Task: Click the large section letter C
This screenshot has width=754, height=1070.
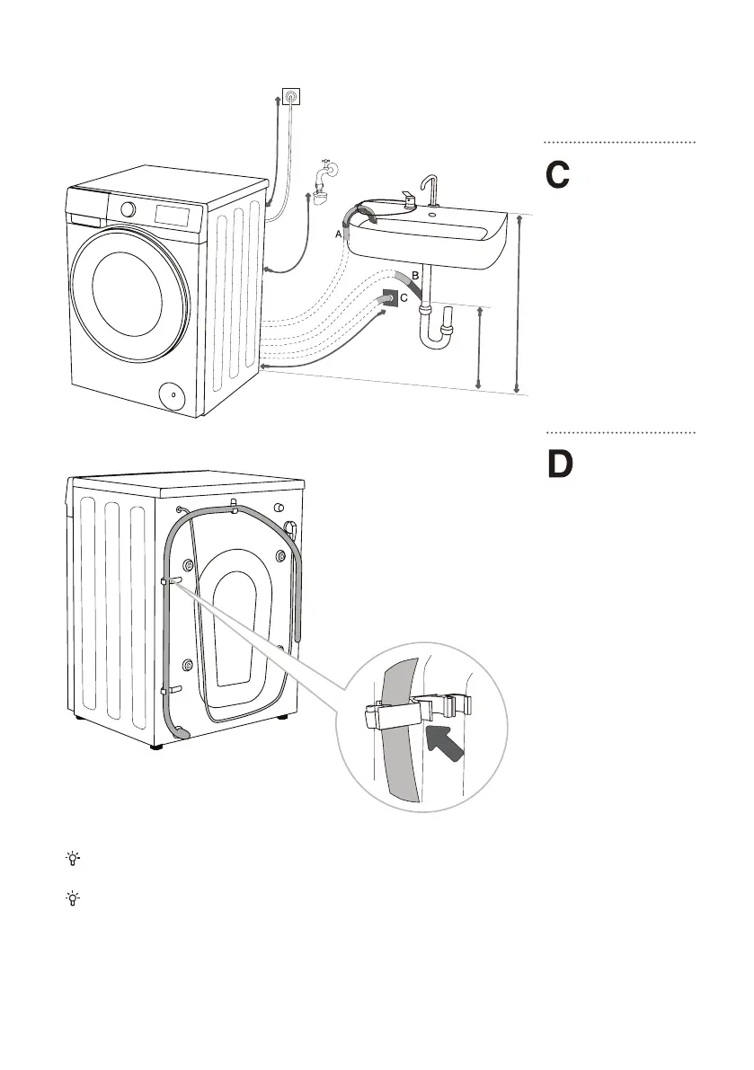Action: (x=557, y=175)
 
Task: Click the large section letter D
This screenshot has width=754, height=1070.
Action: (x=560, y=464)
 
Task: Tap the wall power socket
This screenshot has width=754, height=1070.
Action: (x=291, y=96)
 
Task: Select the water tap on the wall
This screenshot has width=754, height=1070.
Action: (x=322, y=181)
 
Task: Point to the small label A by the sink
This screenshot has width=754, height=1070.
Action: (x=338, y=234)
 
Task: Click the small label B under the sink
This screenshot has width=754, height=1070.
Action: (x=415, y=275)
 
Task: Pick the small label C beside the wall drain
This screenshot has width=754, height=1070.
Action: (x=404, y=298)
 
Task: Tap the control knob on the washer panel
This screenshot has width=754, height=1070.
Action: (x=128, y=209)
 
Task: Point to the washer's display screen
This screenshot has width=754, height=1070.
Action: (x=172, y=215)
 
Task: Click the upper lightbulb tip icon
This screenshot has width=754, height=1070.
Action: (x=73, y=859)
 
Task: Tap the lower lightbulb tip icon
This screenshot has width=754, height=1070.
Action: (x=73, y=898)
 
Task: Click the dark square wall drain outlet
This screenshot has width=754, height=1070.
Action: (x=390, y=299)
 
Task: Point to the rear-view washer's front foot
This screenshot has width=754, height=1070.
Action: (x=157, y=746)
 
